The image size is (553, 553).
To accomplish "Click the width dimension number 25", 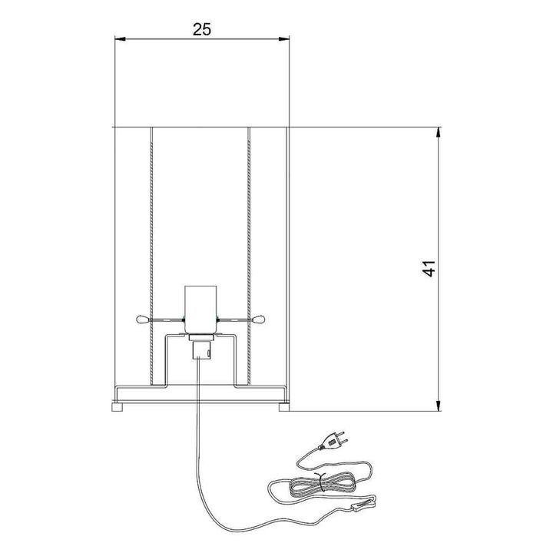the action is [202, 30].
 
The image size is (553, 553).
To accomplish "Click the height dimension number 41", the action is [429, 269].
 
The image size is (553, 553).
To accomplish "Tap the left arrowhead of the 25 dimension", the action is [121, 38].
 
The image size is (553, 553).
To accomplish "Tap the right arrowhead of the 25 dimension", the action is [284, 38].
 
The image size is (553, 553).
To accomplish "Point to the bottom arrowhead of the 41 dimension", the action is [438, 406].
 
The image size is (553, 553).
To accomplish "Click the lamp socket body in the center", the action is [200, 310].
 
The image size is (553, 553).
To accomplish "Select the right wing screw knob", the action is [260, 320].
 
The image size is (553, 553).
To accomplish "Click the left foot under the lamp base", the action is [118, 407].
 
